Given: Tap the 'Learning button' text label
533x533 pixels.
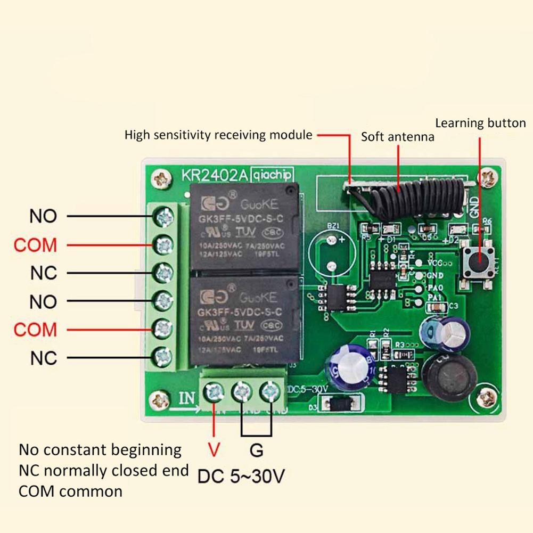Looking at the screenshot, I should [x=480, y=123].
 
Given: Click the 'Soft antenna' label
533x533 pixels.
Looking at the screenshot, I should [x=397, y=137].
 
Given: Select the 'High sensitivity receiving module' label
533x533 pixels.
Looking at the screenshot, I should [x=218, y=135].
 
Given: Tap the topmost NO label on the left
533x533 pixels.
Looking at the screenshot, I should [x=43, y=216].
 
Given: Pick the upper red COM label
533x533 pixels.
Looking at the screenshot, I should [x=35, y=245].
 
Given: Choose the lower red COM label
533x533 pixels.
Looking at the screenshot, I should [x=35, y=329].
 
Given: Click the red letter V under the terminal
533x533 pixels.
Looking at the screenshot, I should [x=214, y=450].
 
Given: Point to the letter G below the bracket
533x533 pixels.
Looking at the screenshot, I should [x=257, y=450].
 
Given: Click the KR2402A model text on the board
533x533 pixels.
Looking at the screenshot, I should [x=214, y=175].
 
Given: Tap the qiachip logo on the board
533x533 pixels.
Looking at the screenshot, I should [x=272, y=175].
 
